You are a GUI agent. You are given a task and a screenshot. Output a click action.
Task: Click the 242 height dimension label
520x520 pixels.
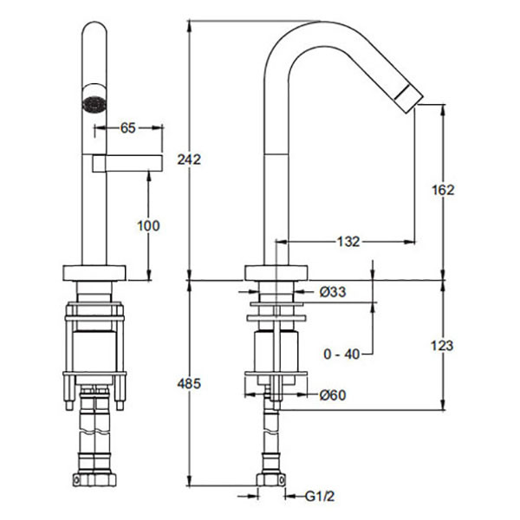click(189, 159)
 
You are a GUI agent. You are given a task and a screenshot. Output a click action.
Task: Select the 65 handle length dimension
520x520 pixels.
click(128, 127)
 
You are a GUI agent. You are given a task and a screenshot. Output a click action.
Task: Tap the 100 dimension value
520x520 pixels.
click(148, 226)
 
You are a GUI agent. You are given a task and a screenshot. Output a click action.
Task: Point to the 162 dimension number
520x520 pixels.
click(443, 190)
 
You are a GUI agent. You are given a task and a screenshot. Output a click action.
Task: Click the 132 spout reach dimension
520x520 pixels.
click(348, 242)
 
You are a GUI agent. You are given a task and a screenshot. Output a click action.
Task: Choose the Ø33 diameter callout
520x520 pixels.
click(333, 292)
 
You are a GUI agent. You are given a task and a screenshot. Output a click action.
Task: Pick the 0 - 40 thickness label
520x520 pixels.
click(341, 354)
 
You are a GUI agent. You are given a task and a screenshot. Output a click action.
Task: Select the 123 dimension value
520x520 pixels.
click(442, 346)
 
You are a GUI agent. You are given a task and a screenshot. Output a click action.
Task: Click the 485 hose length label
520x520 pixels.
click(189, 384)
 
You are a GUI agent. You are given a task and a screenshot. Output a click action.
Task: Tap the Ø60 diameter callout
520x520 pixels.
click(333, 395)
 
